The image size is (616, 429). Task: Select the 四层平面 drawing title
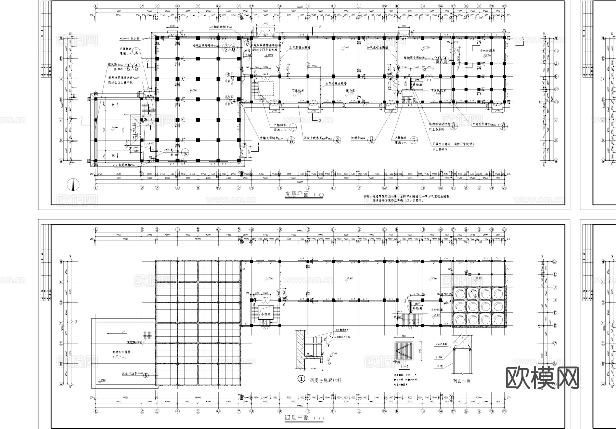(297, 418)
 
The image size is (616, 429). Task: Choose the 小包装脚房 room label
(487, 51)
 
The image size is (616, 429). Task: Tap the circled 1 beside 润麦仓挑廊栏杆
(301, 379)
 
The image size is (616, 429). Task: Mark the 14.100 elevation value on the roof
(102, 380)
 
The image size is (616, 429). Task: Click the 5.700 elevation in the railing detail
(335, 353)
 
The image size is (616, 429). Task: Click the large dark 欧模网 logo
(542, 378)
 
